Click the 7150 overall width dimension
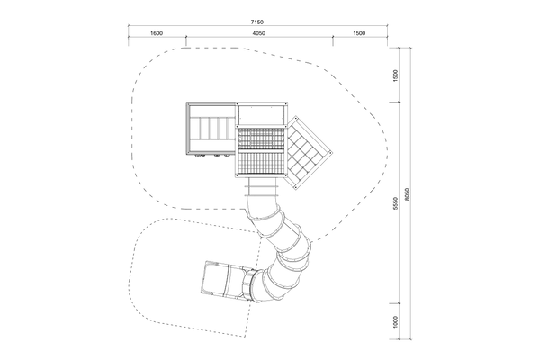pyautogui.click(x=256, y=22)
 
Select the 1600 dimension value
pyautogui.click(x=157, y=33)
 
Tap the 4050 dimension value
pyautogui.click(x=258, y=33)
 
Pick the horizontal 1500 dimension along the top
pyautogui.click(x=359, y=33)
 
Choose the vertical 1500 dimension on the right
pyautogui.click(x=396, y=76)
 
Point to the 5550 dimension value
pyautogui.click(x=396, y=203)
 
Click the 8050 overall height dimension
pyautogui.click(x=407, y=194)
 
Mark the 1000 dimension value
pyautogui.click(x=396, y=322)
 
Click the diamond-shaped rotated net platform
pyautogui.click(x=308, y=152)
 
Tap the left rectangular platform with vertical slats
pyautogui.click(x=211, y=128)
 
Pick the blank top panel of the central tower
pyautogui.click(x=261, y=114)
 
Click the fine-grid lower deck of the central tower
pyautogui.click(x=261, y=165)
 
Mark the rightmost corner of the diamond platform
pyautogui.click(x=331, y=152)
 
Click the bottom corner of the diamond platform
pyautogui.click(x=295, y=188)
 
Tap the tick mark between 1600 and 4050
pyautogui.click(x=186, y=36)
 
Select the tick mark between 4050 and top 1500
pyautogui.click(x=333, y=36)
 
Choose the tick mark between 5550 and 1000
pyautogui.click(x=400, y=303)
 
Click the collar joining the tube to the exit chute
pyautogui.click(x=250, y=285)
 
